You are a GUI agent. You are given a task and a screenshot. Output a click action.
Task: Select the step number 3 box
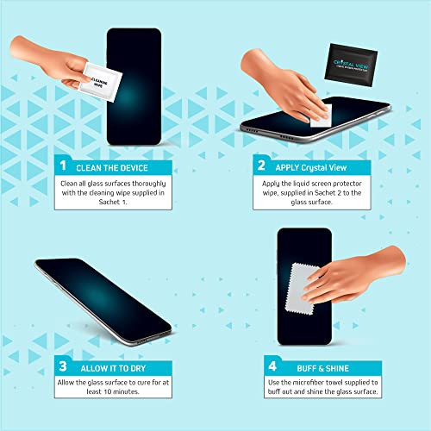point(63,365)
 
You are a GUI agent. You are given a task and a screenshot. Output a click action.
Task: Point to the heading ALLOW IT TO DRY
point(112,365)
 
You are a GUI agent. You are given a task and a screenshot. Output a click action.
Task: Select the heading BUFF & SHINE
point(310,365)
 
